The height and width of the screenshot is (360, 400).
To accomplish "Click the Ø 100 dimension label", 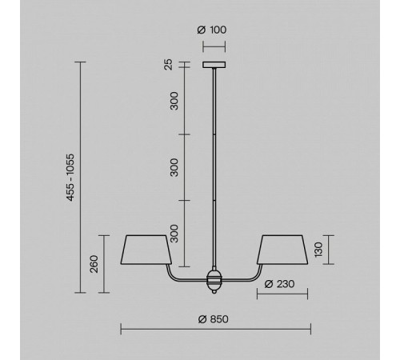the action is pos(212,30).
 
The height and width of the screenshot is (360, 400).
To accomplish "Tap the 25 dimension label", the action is pos(169,64).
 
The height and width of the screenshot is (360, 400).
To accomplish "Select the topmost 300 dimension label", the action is pos(174,101).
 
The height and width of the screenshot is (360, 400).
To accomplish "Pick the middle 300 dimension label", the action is pos(174,167).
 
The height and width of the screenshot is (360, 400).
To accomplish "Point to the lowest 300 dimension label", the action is pos(174,234).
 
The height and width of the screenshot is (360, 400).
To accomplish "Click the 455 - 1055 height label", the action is pos(70,178).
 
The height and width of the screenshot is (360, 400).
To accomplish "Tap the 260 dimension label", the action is pos(94,264).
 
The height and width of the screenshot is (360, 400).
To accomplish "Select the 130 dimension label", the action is pos(318,250).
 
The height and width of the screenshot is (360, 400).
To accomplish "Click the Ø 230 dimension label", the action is pos(279,284).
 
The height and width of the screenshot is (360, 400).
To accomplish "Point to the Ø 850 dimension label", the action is pos(214,319).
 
